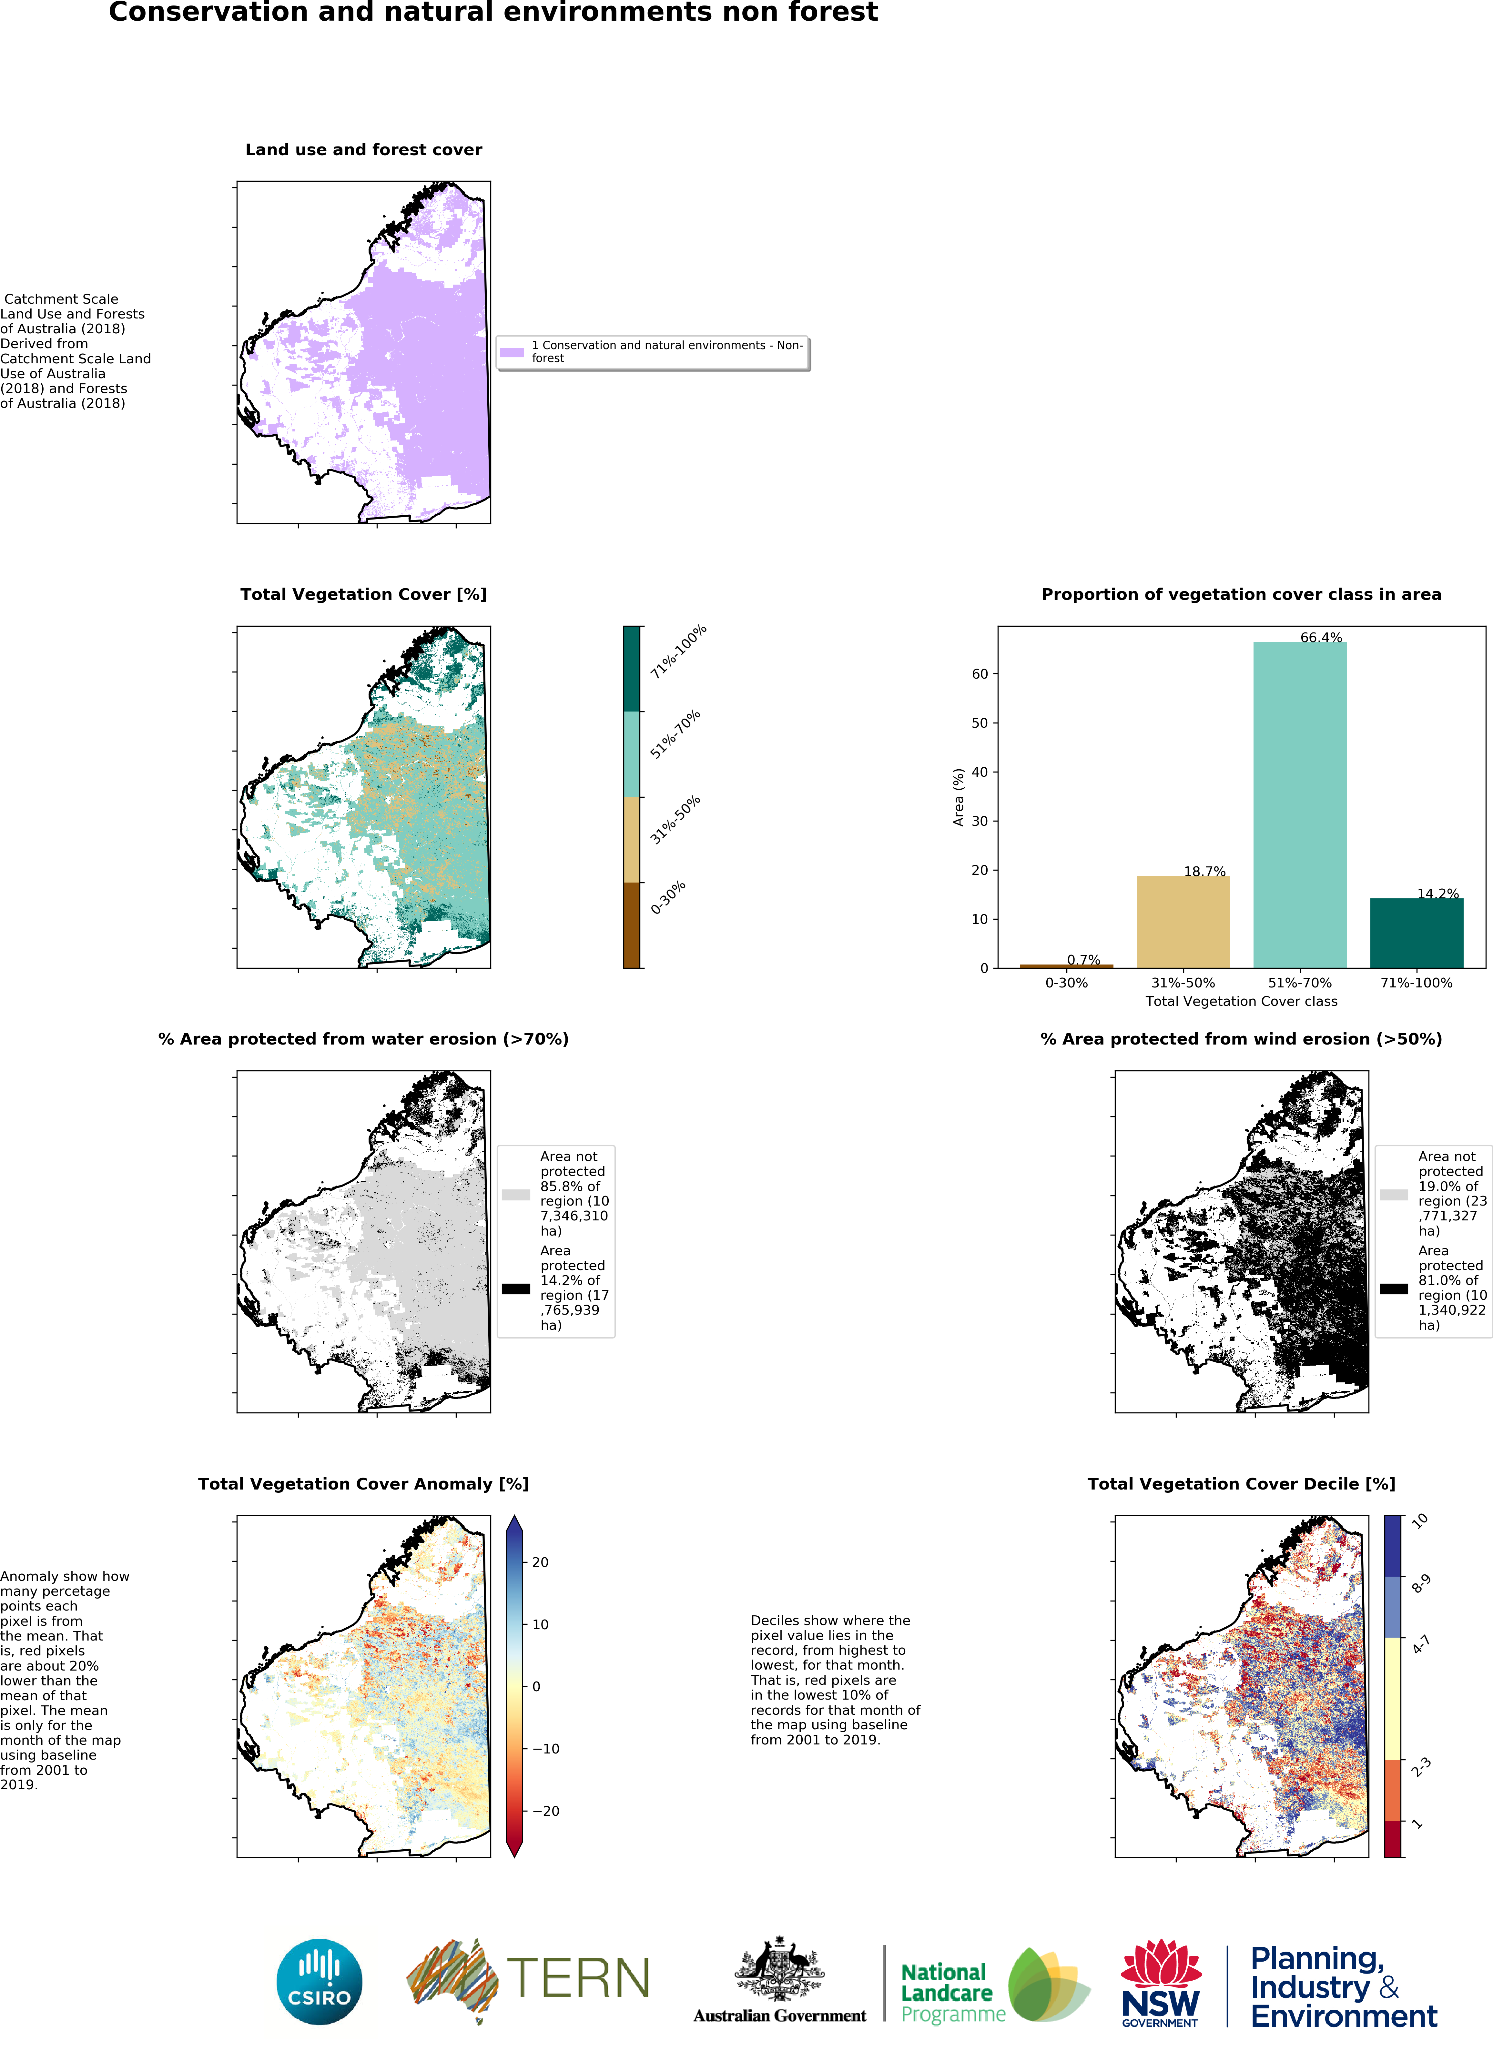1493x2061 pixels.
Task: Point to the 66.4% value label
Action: coord(1320,637)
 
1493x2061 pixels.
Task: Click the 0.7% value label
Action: coord(1083,960)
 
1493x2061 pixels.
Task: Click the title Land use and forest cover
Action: coord(363,150)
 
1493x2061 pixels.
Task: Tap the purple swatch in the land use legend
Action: coord(512,352)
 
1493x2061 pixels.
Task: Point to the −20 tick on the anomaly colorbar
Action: coord(545,1811)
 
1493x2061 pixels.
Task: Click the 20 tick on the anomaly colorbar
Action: coord(540,1562)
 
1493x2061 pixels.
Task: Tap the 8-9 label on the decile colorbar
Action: coord(1420,1584)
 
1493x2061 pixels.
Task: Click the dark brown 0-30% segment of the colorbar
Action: coord(632,925)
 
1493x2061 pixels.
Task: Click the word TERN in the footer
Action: coord(578,1978)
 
